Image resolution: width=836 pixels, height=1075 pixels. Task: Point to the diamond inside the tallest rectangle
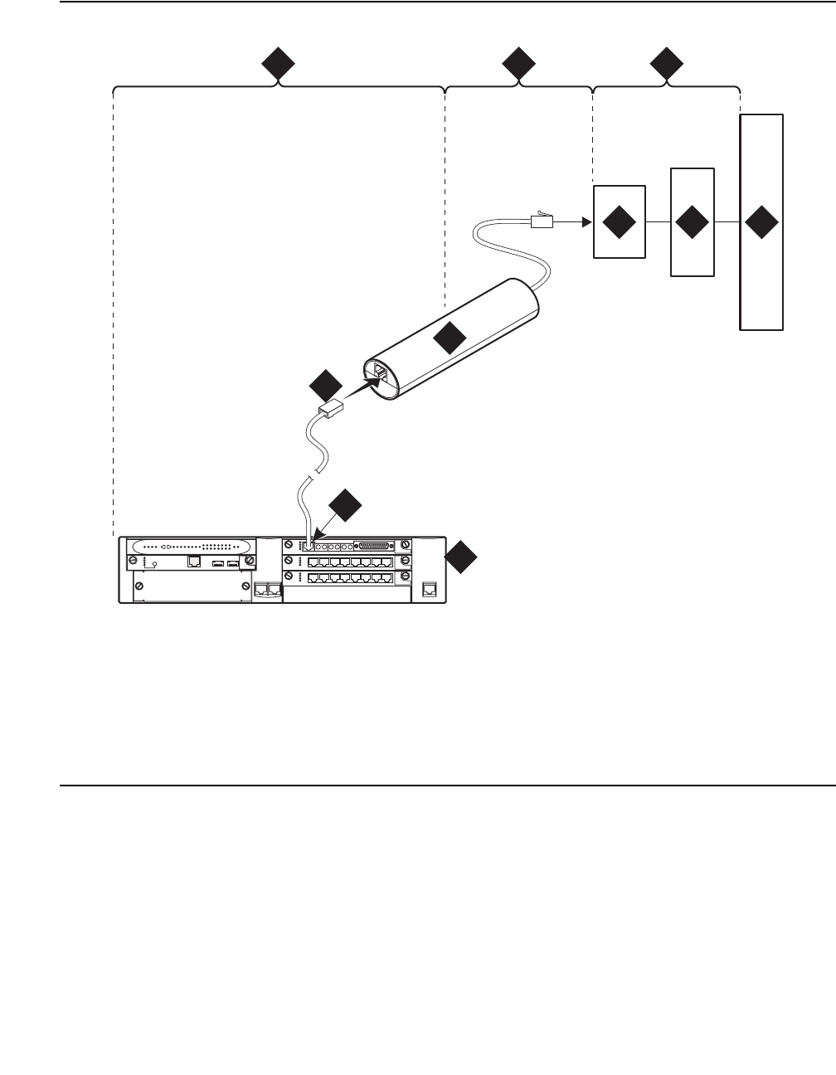(761, 223)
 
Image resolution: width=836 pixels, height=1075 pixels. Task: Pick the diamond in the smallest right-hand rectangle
(619, 223)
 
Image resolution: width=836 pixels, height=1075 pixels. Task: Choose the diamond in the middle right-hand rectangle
(692, 223)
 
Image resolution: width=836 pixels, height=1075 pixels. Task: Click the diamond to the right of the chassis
(462, 557)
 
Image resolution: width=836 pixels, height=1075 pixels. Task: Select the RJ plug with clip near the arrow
(541, 220)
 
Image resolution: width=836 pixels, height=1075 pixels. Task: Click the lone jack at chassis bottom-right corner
(428, 589)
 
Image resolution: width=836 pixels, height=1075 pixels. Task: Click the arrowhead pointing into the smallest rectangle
(586, 222)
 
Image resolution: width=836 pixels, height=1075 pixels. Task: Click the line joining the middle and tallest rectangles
(727, 223)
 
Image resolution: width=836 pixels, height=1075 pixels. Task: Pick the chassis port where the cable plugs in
(309, 547)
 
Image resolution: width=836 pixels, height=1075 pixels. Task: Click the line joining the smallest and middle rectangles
(657, 223)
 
